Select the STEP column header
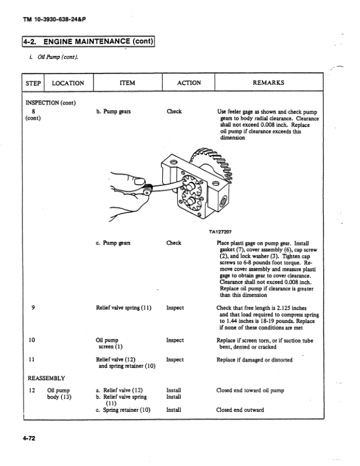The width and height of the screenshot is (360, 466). [x=33, y=83]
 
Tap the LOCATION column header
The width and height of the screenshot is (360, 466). [x=68, y=83]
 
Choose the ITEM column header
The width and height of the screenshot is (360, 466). [x=127, y=83]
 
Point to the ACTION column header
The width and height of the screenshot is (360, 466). [x=188, y=83]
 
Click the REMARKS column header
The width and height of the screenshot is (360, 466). [x=268, y=83]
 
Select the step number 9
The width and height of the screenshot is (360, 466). [x=31, y=307]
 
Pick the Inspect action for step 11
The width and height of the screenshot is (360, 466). [x=175, y=360]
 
